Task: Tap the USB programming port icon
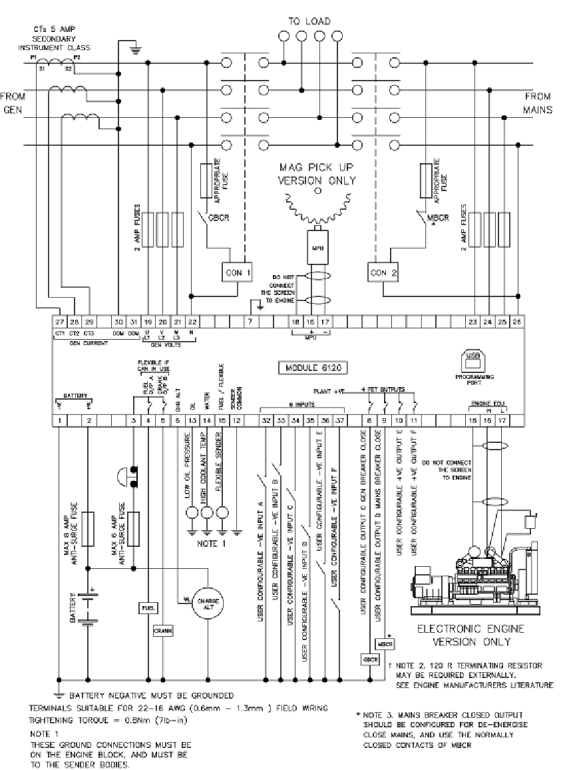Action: coord(476,359)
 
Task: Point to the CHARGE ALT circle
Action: coord(208,602)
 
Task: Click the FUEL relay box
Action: coord(148,607)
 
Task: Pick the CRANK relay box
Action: coord(163,629)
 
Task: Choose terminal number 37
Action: coord(340,420)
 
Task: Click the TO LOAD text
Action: coord(309,21)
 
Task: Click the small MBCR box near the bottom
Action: coord(385,644)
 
